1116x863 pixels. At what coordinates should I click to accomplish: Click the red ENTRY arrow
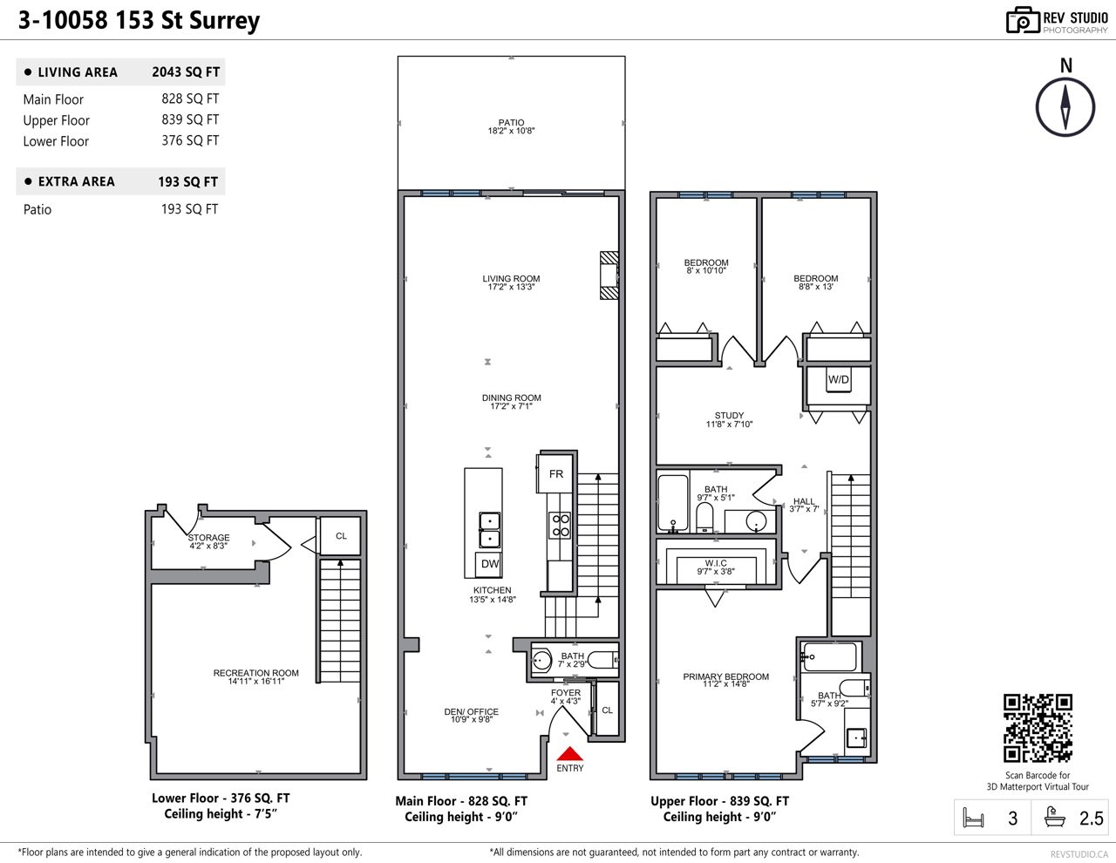coord(569,754)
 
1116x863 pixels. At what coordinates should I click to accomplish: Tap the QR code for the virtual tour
coord(1038,728)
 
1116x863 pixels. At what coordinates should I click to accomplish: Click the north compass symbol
coord(1065,106)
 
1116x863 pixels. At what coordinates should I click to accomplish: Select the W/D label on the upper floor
coord(838,379)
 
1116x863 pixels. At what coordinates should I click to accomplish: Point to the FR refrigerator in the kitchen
coord(555,474)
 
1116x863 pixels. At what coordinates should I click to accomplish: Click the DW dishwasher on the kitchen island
coord(489,564)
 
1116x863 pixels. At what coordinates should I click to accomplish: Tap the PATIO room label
coord(511,122)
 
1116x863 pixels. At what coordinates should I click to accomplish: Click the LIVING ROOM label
coord(511,278)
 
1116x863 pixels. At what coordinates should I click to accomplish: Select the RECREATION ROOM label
coord(255,673)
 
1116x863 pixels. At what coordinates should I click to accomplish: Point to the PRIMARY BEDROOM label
coord(725,676)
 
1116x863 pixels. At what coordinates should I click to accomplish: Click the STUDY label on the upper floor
coord(729,415)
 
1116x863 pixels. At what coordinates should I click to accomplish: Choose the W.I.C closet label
coord(716,562)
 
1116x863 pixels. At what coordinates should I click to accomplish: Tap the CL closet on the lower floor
coord(341,536)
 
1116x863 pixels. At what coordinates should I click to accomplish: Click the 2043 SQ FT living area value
coord(186,71)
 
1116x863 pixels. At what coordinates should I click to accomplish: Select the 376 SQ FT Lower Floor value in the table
coord(190,140)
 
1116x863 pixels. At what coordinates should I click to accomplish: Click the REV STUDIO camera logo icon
coord(1023,21)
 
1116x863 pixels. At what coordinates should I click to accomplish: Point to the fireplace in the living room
coord(609,275)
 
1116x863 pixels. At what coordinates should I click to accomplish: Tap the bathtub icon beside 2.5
coord(1054,818)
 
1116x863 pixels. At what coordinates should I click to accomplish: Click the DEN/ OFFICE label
coord(471,711)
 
